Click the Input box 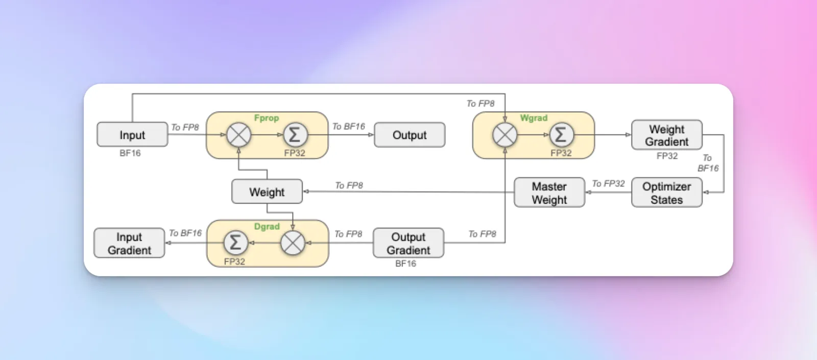(x=132, y=135)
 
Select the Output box (x=410, y=135)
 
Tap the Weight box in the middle (x=267, y=191)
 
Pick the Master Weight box (x=549, y=193)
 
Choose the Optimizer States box (x=667, y=193)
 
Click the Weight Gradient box (x=667, y=135)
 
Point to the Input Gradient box (x=129, y=243)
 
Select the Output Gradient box (x=408, y=243)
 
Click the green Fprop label (x=267, y=118)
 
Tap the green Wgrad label (x=534, y=118)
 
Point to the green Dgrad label (x=267, y=227)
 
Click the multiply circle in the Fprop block (x=239, y=135)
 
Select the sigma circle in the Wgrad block (x=561, y=135)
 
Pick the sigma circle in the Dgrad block (x=235, y=243)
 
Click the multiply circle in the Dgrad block (x=293, y=243)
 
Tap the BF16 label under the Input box (x=130, y=153)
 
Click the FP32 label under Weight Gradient (x=667, y=156)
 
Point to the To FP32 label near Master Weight (x=608, y=183)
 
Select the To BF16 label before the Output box (x=348, y=127)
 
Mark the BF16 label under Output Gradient (x=405, y=263)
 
